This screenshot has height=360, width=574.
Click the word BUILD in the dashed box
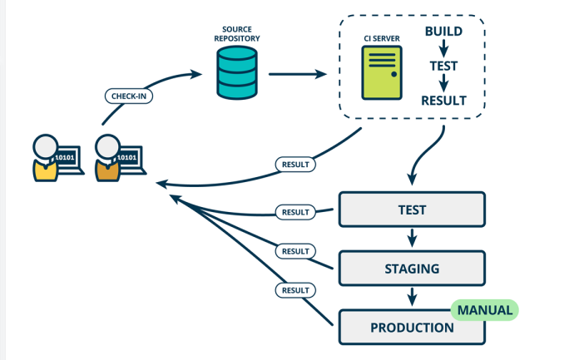pyautogui.click(x=443, y=32)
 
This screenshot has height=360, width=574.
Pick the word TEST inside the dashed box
pyautogui.click(x=443, y=65)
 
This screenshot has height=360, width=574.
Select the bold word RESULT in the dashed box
pyautogui.click(x=443, y=101)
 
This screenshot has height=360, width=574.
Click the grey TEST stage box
pyautogui.click(x=411, y=210)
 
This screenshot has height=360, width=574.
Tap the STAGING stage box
pyautogui.click(x=411, y=269)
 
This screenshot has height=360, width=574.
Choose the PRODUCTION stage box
pyautogui.click(x=411, y=327)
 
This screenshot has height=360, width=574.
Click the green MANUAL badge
pyautogui.click(x=485, y=310)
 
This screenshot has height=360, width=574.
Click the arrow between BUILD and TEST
pyautogui.click(x=443, y=48)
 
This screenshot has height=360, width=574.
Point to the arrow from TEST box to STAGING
pyautogui.click(x=411, y=239)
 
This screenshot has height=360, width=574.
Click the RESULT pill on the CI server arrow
pyautogui.click(x=294, y=164)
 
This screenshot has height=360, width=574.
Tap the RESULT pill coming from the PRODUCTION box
pyautogui.click(x=294, y=289)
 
